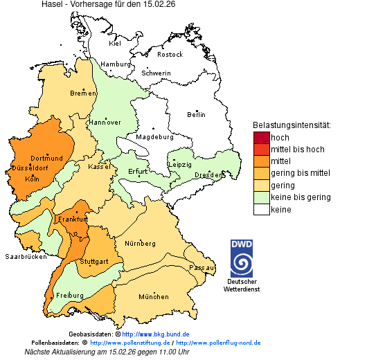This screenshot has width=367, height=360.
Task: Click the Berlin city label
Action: [x=197, y=114]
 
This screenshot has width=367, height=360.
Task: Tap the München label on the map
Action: [x=154, y=297]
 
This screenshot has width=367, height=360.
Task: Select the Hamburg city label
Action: [x=116, y=64]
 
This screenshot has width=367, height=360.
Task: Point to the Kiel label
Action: [x=115, y=44]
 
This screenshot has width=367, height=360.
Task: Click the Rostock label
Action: [x=170, y=54]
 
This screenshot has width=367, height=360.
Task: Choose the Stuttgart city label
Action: [x=94, y=262]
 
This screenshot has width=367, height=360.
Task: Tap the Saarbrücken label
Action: [x=26, y=256]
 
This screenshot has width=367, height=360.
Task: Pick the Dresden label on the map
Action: [x=208, y=176]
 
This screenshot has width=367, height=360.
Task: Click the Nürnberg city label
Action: [x=140, y=244]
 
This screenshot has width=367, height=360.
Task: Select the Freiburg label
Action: [x=70, y=296]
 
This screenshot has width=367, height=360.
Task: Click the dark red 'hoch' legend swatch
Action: [x=261, y=138]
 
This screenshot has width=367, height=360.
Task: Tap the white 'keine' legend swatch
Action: [x=261, y=209]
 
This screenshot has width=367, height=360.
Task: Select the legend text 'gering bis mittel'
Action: [x=301, y=173]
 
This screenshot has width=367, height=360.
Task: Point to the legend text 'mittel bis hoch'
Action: [x=298, y=150]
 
